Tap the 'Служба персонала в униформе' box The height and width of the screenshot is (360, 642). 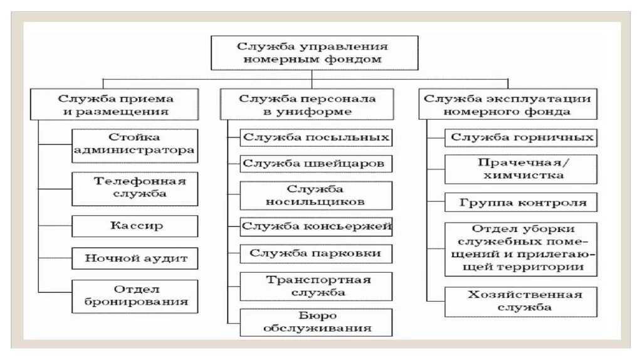(x=307, y=105)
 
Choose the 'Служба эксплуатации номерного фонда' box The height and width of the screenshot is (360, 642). (x=507, y=105)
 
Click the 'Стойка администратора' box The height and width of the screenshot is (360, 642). (x=135, y=144)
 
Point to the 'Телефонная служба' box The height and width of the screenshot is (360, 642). (x=135, y=188)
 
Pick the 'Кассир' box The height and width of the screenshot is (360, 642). (x=135, y=225)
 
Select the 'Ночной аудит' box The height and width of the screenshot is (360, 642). (x=135, y=258)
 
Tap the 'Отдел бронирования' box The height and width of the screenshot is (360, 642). (x=135, y=295)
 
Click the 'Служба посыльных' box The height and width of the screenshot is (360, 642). (x=317, y=137)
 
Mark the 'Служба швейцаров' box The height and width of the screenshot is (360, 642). (x=317, y=164)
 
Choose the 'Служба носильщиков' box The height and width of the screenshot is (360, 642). (x=317, y=196)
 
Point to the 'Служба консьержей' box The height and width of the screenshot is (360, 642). (x=317, y=226)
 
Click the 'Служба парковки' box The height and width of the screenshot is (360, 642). (x=317, y=253)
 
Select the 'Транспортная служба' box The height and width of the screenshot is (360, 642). (x=317, y=286)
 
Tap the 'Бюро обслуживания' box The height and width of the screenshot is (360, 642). (x=317, y=322)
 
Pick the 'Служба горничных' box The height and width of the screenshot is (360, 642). (x=521, y=137)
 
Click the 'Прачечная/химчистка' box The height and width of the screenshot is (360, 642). (x=521, y=169)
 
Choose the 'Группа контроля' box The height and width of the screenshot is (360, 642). (x=521, y=202)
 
